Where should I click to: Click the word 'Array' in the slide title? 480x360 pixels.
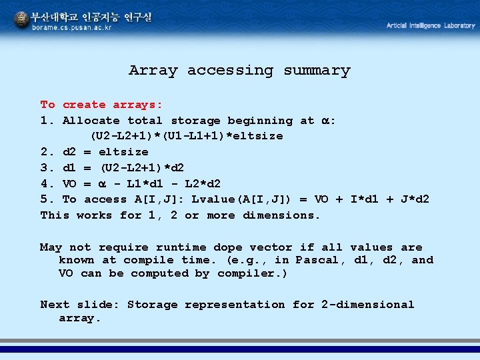[153, 70]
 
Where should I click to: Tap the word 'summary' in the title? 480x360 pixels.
[317, 70]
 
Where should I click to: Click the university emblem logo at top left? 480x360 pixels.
[22, 21]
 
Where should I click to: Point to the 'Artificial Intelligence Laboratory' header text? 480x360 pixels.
[431, 25]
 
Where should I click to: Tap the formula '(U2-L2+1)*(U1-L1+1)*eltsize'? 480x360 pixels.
[187, 136]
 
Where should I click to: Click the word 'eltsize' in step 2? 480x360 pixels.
[123, 152]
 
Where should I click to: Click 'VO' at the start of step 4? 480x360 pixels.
[69, 183]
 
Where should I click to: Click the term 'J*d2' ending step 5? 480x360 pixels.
[414, 199]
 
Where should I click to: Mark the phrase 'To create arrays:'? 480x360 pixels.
[101, 105]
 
